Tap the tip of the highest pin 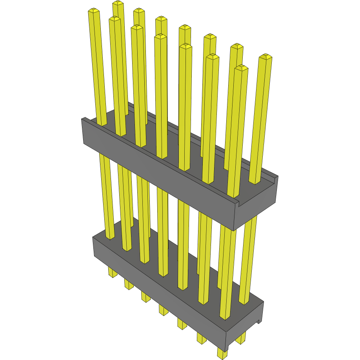118,3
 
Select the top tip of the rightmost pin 265,56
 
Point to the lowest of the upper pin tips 242,68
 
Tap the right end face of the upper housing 257,206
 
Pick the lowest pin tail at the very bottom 222,354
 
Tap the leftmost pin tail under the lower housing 113,273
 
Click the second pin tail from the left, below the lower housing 129,284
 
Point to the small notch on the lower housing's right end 258,322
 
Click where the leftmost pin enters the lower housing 111,236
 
